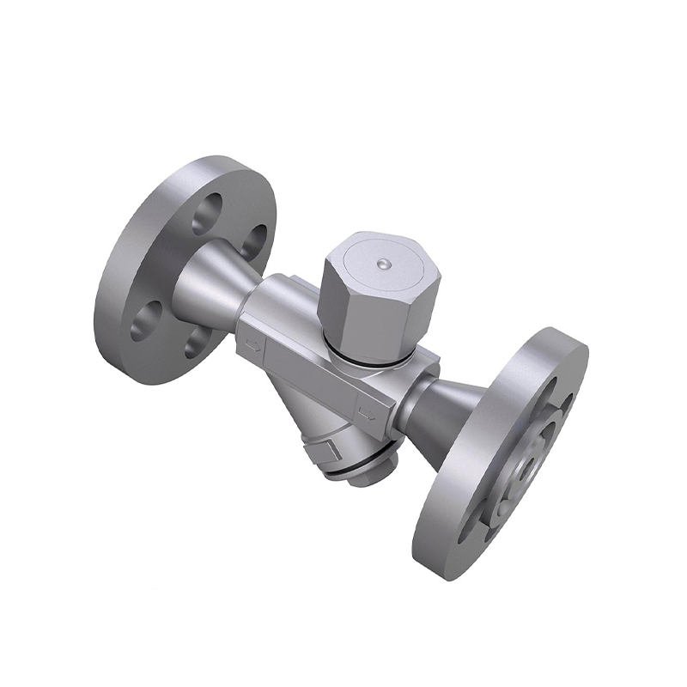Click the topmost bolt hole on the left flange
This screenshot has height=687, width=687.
209,213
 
